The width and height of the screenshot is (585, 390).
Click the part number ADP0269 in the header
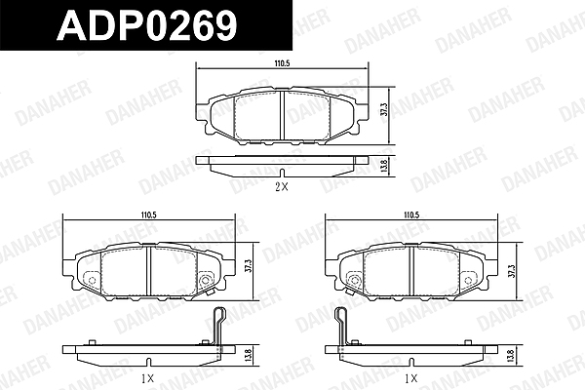[x=147, y=24]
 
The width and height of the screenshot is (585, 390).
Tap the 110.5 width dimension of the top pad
[x=282, y=63]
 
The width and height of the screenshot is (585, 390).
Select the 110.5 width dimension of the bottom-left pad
[x=148, y=214]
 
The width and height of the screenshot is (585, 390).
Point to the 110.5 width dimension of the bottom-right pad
[x=411, y=214]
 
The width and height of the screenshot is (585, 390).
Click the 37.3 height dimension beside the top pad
[x=384, y=110]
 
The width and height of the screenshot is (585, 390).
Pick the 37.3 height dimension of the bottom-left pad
[x=249, y=267]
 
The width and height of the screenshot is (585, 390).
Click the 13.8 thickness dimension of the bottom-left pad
[x=250, y=354]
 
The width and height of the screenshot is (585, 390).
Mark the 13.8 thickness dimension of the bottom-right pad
[x=512, y=355]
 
